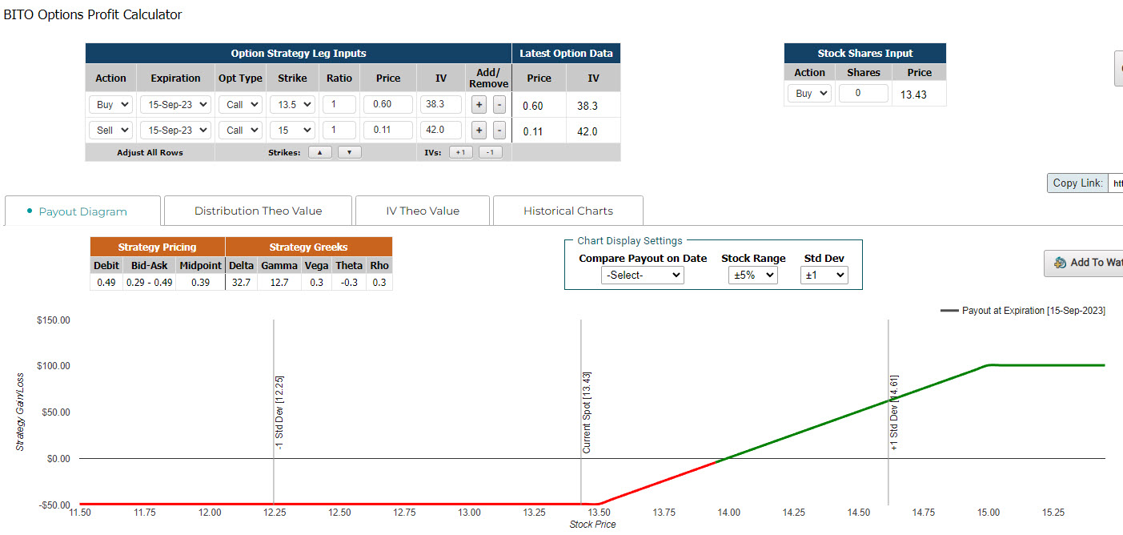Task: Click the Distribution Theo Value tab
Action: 259,211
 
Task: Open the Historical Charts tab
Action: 568,211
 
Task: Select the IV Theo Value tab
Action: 423,211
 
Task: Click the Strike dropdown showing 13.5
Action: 292,104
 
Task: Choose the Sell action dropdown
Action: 110,130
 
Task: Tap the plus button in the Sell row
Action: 479,131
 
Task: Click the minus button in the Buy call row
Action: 499,105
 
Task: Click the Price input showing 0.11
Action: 388,130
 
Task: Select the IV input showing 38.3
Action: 441,104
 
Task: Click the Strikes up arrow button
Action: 320,152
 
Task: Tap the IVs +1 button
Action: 460,152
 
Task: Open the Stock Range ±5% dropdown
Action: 753,276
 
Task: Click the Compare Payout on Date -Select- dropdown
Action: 642,276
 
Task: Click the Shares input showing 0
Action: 864,93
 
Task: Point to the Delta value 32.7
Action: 241,282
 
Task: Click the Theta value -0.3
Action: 349,282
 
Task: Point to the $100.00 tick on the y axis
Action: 54,365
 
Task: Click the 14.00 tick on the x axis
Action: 728,513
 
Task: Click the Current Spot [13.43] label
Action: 587,412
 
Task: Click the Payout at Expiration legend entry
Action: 1023,311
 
